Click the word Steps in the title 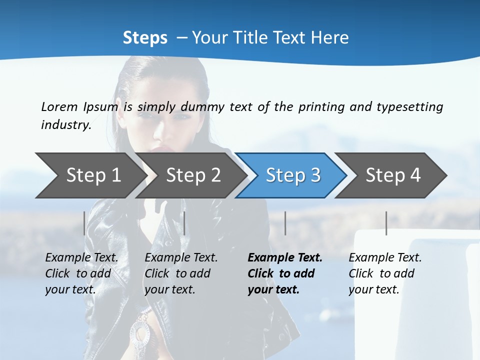(145, 38)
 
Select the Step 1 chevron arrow (90, 175)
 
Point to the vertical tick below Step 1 (84, 223)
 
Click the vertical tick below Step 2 (184, 223)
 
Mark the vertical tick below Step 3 (285, 223)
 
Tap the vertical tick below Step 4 (386, 223)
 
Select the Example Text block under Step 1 (81, 273)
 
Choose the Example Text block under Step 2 (181, 273)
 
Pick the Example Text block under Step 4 (385, 273)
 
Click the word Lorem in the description (59, 107)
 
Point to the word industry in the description (66, 125)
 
